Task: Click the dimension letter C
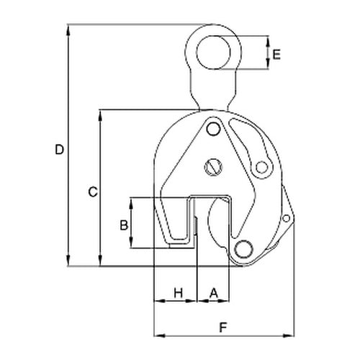point(91,192)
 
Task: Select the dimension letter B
point(124,225)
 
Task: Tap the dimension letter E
point(277,54)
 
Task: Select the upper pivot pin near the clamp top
point(212,129)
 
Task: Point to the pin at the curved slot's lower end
point(260,168)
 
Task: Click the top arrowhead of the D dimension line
point(69,30)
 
